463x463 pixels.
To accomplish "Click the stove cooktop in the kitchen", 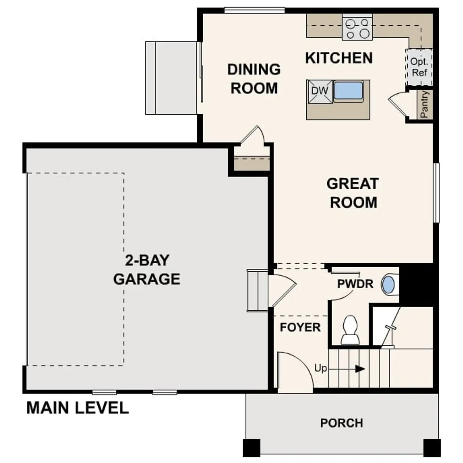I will [x=357, y=29].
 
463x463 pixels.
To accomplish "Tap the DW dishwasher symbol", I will [x=319, y=91].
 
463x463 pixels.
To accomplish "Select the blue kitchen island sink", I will [x=348, y=90].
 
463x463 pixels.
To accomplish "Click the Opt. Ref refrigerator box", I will [x=419, y=67].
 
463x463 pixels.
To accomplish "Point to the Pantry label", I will [x=424, y=104].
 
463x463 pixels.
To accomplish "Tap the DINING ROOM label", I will [x=254, y=78].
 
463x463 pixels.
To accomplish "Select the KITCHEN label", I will [x=339, y=58].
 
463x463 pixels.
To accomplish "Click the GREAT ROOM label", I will [x=353, y=193].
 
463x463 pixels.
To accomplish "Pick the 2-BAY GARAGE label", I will [x=146, y=270].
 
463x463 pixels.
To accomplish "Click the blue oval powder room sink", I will [x=388, y=285].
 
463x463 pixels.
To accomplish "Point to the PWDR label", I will [x=355, y=284].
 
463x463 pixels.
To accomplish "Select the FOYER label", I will [x=300, y=327].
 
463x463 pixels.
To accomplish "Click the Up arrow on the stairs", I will [x=359, y=369].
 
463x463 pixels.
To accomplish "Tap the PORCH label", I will [x=341, y=423].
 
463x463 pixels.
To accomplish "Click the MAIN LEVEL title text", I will [x=77, y=408].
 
